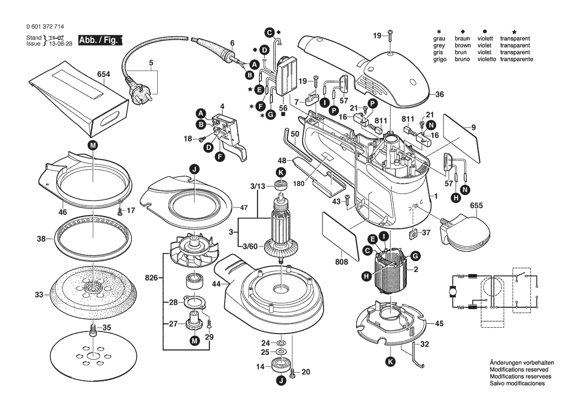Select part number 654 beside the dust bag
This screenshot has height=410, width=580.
103,74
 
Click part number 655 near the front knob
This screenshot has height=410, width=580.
476,205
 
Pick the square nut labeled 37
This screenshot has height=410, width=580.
412,233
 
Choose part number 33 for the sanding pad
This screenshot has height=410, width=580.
40,295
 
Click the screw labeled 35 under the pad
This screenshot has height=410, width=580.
93,331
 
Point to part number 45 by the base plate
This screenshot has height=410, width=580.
439,323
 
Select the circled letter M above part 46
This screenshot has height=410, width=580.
93,145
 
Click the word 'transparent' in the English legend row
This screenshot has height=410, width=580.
515,45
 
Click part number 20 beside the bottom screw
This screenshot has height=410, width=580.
306,372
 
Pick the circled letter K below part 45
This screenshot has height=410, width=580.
390,362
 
